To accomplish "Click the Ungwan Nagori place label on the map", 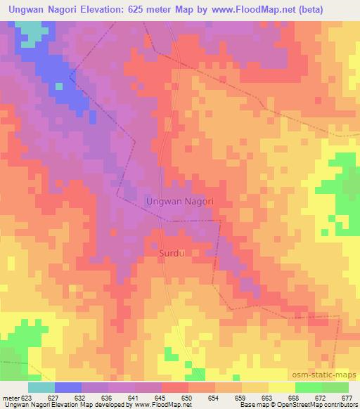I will (x=179, y=201).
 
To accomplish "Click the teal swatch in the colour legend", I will (x=41, y=387).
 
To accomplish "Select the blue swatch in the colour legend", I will (x=67, y=387).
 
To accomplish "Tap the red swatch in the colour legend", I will (x=175, y=387).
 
